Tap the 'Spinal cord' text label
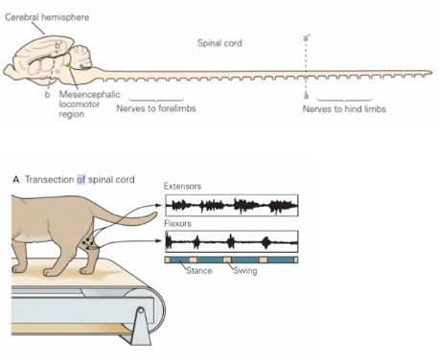coord(219,44)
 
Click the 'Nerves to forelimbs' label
coord(154,109)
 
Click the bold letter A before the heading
coord(15,180)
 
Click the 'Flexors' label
coord(179,223)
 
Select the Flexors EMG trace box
coord(231,241)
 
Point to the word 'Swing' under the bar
coord(248,271)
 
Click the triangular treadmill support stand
coord(145,330)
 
